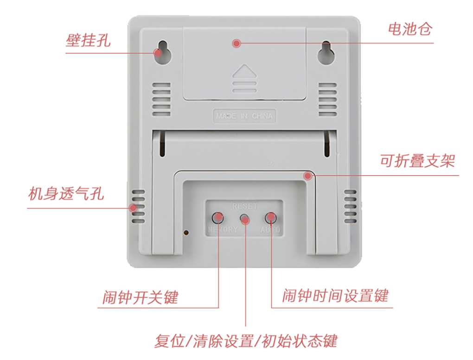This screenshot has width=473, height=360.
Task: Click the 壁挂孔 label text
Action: click(x=88, y=41)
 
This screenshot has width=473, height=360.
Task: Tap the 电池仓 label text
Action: click(x=409, y=30)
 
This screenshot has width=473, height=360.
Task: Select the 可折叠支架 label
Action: click(x=417, y=161)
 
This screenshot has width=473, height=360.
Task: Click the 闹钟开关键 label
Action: click(x=140, y=297)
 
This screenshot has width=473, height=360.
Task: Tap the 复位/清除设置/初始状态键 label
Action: click(x=245, y=341)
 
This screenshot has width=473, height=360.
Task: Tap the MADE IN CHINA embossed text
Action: click(x=244, y=116)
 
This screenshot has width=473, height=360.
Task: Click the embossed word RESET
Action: click(x=244, y=206)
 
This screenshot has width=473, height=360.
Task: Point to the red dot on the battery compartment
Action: click(x=236, y=44)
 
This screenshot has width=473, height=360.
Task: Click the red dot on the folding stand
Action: click(x=307, y=176)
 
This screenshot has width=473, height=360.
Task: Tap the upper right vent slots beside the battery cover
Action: click(x=327, y=99)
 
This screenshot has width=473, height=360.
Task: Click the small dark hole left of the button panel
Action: click(x=187, y=232)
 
